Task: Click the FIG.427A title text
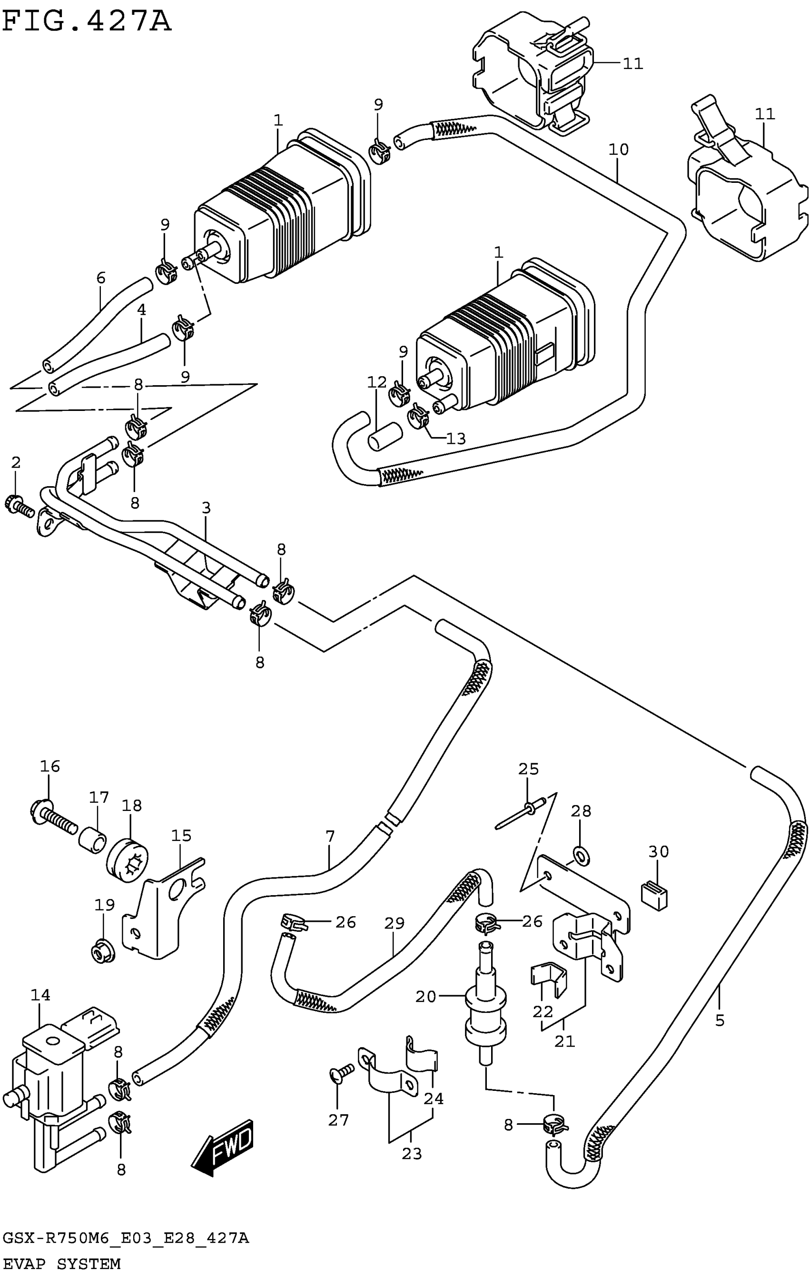tap(87, 23)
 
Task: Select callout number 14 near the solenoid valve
tap(40, 995)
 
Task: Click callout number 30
tap(658, 852)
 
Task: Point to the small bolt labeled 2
tap(20, 505)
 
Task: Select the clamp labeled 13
tap(419, 416)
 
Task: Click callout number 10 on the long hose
tap(618, 150)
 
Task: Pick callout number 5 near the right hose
tap(720, 1020)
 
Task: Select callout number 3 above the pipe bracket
tap(206, 508)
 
